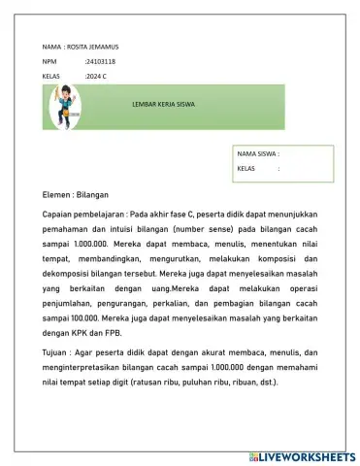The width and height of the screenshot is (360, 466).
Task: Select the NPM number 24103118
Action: click(101, 61)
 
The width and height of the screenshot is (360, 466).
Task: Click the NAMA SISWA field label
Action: click(257, 153)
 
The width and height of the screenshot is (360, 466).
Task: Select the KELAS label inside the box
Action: click(249, 168)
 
